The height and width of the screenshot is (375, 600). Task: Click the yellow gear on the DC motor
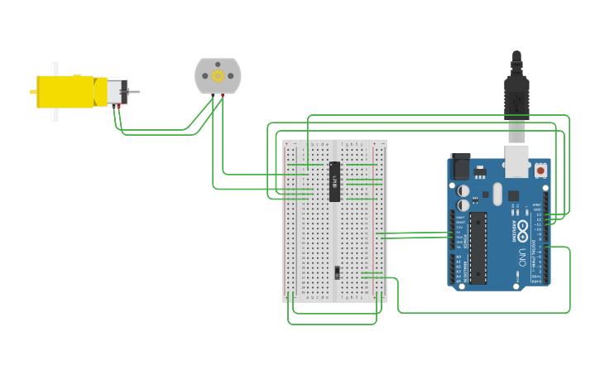(218, 76)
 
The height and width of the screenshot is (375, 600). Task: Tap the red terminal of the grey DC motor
(223, 95)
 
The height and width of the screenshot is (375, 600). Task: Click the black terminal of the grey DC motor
(213, 95)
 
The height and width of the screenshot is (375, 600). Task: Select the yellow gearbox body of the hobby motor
(65, 91)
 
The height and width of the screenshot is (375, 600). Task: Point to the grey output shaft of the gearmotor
(133, 91)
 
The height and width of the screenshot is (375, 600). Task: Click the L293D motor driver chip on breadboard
(334, 181)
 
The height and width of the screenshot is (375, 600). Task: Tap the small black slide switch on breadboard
(337, 272)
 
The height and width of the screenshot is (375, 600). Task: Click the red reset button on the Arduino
(540, 170)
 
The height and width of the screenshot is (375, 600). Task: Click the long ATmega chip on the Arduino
(478, 248)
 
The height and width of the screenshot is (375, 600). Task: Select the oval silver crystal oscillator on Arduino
(497, 194)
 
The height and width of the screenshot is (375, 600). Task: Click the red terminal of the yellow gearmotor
(118, 105)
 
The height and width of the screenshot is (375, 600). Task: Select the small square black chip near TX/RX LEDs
(513, 196)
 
